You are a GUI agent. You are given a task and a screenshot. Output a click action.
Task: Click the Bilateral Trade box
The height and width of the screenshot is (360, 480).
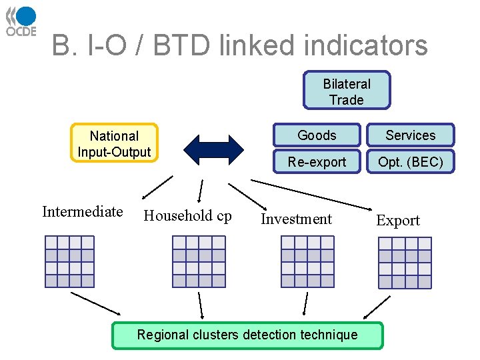(347, 91)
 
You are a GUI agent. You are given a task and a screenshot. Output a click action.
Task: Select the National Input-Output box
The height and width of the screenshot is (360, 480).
(114, 143)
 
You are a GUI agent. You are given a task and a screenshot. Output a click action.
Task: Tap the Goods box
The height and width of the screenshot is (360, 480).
(317, 135)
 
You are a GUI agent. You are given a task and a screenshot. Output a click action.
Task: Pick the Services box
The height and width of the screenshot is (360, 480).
(410, 135)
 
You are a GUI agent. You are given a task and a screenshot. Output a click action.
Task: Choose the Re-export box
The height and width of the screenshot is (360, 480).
(317, 162)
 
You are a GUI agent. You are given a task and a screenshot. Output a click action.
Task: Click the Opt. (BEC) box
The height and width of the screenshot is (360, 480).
(410, 162)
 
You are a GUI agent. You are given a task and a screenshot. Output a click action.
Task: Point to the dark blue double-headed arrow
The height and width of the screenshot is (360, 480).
(214, 149)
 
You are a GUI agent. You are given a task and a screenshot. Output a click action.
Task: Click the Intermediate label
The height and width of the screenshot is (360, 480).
(82, 212)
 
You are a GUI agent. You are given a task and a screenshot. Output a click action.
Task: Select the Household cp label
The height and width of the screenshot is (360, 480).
(187, 215)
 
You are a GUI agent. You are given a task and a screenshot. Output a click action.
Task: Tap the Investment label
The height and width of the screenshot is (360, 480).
(296, 219)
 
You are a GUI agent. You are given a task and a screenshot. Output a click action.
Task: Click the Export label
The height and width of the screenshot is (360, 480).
(398, 221)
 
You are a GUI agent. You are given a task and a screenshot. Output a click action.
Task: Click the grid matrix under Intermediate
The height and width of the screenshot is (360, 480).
(69, 261)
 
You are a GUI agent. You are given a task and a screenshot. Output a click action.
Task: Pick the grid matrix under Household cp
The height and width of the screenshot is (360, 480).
(199, 261)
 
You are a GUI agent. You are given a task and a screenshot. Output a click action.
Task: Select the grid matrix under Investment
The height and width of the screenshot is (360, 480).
(307, 261)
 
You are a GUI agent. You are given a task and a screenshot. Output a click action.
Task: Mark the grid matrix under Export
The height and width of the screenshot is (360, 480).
(405, 263)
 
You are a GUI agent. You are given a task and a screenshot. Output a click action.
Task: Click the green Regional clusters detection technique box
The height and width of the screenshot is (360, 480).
(247, 335)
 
